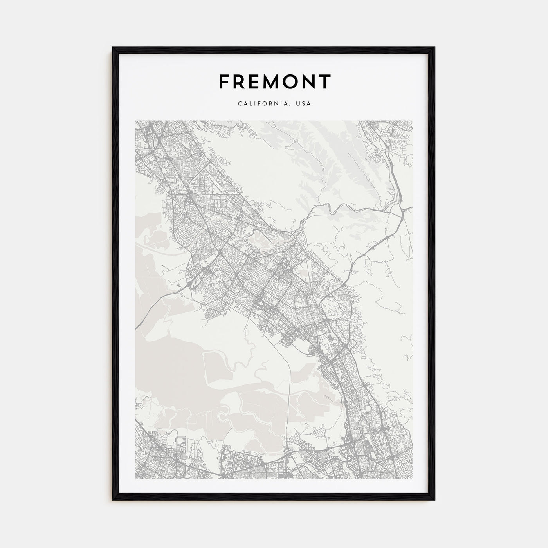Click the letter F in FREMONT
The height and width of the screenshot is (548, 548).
(225, 82)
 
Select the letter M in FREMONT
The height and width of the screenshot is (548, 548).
(274, 82)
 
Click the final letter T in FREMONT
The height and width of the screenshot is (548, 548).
(326, 82)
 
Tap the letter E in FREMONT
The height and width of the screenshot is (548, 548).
(256, 82)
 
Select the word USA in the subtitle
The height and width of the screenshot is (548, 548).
(304, 104)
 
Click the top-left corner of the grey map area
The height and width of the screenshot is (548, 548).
(135, 121)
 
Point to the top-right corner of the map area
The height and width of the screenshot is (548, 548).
(413, 121)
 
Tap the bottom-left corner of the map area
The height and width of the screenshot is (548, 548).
(135, 478)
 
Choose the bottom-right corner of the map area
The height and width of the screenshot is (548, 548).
(413, 478)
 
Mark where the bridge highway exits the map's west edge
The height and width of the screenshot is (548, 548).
(136, 327)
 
